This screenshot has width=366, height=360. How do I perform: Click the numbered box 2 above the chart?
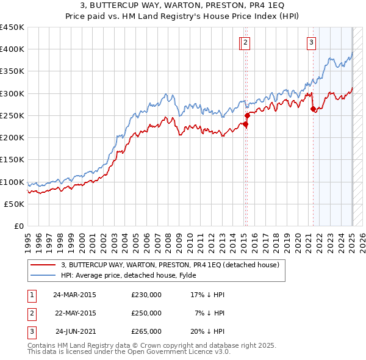pyautogui.click(x=245, y=43)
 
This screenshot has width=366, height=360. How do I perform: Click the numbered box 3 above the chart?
pyautogui.click(x=311, y=43)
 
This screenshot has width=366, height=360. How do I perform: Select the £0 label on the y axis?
pyautogui.click(x=19, y=226)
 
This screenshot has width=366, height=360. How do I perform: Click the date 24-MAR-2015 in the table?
pyautogui.click(x=75, y=295)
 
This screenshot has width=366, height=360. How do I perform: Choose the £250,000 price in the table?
pyautogui.click(x=146, y=313)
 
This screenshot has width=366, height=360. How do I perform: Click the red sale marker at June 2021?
pyautogui.click(x=314, y=109)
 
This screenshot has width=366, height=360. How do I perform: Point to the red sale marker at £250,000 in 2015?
pyautogui.click(x=247, y=115)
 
